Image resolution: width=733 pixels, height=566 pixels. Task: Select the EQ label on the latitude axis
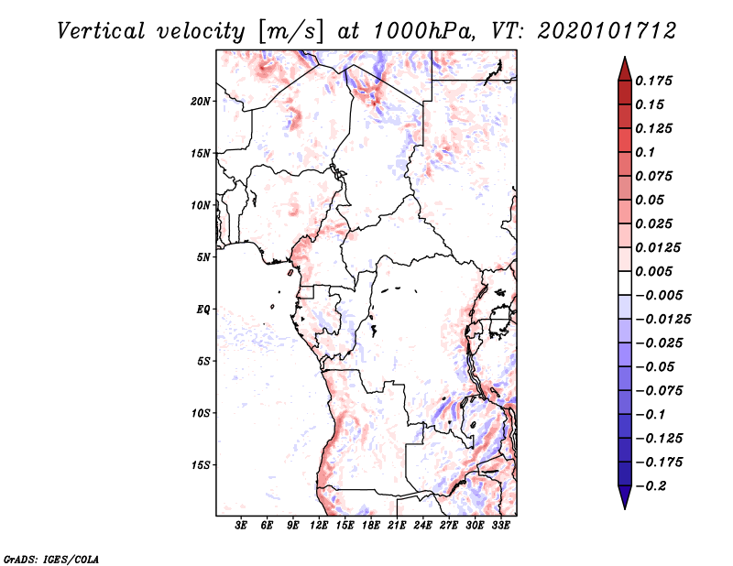(203, 310)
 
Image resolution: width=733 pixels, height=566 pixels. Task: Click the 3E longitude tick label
(242, 527)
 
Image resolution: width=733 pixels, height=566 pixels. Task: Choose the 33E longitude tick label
(501, 527)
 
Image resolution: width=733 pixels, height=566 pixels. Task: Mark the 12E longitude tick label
(320, 527)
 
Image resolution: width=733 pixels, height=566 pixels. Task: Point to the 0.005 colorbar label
(655, 272)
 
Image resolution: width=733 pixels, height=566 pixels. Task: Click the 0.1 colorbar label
(647, 152)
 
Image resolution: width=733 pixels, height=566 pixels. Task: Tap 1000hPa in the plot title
(417, 30)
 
